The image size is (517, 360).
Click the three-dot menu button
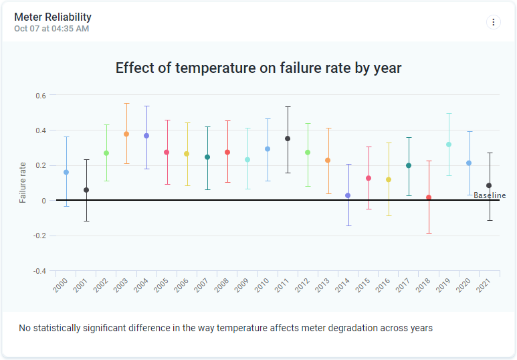tap(494, 22)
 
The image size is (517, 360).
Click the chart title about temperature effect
tap(258, 68)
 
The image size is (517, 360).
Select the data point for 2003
tap(126, 134)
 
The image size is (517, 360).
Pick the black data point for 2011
tap(288, 139)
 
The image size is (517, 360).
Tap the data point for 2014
tap(348, 195)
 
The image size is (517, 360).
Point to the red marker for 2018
tap(429, 197)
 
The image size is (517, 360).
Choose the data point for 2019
tap(449, 145)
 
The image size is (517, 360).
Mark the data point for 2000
tap(66, 172)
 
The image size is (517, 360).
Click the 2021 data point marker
tap(489, 185)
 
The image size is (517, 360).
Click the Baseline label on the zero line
tap(490, 195)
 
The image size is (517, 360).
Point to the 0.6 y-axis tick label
tap(41, 96)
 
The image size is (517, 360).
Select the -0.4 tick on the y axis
tap(40, 271)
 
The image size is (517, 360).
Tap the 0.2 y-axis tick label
tap(41, 166)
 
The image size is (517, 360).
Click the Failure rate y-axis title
tap(23, 182)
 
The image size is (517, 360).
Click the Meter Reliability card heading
tap(53, 17)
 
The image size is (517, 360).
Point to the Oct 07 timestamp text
tap(51, 29)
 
